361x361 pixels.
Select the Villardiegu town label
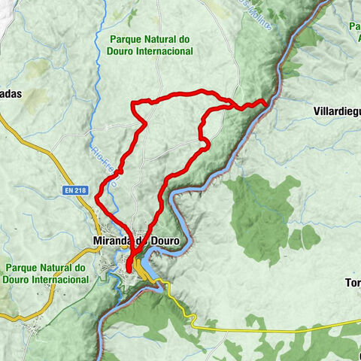tap(336, 111)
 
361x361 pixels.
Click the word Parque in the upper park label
tap(125, 38)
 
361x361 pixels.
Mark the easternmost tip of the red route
tap(267, 102)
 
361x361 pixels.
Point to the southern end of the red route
tap(129, 269)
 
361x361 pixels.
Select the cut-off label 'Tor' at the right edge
tap(353, 284)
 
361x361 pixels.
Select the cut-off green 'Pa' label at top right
tap(355, 28)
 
